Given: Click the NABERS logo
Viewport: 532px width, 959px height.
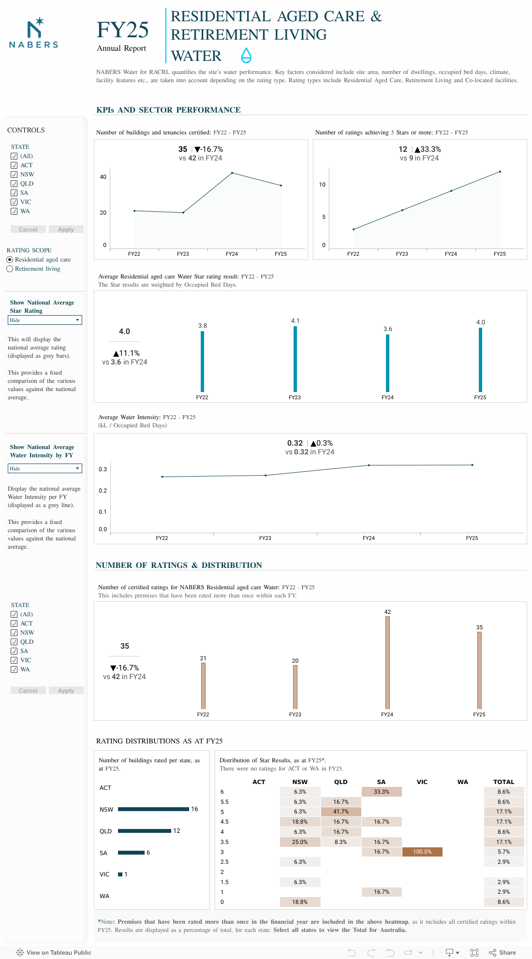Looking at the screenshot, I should (34, 33).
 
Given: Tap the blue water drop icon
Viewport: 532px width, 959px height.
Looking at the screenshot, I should (246, 56).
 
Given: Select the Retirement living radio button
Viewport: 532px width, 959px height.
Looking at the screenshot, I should (10, 269).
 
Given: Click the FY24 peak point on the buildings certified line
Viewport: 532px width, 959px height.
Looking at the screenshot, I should (232, 173).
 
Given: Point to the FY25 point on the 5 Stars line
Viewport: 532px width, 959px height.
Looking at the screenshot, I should (500, 172).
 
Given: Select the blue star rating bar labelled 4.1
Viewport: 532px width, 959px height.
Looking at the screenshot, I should (295, 359).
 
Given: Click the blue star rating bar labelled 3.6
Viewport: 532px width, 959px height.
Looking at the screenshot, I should (387, 363).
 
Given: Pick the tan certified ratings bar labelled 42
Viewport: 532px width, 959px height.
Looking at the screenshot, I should (387, 662).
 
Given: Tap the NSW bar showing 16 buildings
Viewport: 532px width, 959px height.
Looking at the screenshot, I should (153, 809).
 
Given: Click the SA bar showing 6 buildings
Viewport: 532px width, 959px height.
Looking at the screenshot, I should (131, 853).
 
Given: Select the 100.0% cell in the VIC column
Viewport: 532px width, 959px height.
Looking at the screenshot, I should (422, 852).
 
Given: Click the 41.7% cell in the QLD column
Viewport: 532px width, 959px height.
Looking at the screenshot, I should (341, 812).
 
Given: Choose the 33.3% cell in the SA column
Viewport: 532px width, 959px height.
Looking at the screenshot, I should (382, 792).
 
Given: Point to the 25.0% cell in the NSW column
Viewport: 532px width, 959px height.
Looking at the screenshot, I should (300, 842).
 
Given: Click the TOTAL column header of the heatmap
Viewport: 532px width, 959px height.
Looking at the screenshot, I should (503, 782).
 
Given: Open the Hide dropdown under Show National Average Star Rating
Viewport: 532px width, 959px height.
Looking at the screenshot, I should (45, 320).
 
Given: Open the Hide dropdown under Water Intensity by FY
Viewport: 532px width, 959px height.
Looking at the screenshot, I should (45, 468).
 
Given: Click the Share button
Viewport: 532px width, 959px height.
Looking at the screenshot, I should (502, 952).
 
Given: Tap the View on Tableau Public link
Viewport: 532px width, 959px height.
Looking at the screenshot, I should (54, 952).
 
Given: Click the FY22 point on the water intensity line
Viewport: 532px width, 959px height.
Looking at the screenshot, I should (162, 477).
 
